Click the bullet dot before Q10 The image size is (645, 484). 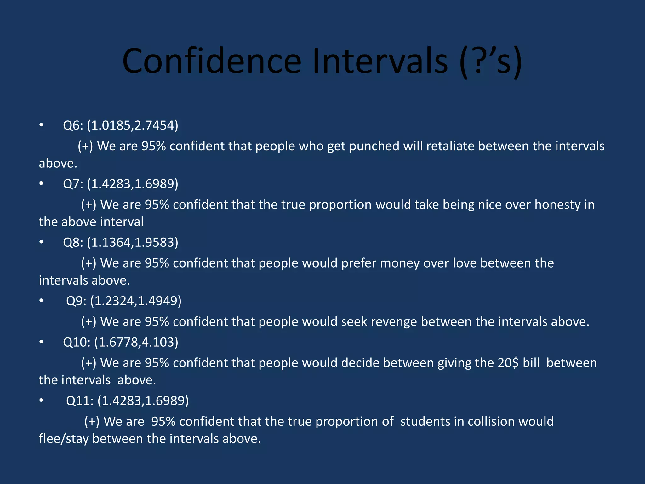click(x=41, y=342)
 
